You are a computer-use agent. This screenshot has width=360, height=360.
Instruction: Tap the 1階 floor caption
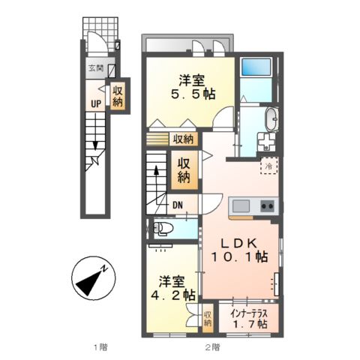100,347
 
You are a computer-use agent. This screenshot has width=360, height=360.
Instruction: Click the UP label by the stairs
97,104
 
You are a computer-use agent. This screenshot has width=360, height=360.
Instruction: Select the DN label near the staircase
178,205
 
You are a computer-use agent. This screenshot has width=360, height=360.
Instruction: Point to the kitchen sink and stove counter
253,206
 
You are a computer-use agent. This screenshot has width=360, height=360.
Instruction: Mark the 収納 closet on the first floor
117,95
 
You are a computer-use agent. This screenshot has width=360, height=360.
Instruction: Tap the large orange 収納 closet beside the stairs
184,169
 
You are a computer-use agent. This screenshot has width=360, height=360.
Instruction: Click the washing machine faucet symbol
265,141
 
